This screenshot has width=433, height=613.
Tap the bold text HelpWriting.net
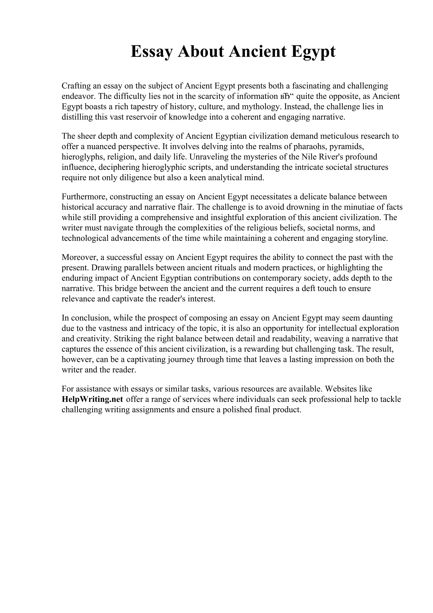92,399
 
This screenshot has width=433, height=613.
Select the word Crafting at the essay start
75,86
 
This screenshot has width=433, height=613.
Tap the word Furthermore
84,197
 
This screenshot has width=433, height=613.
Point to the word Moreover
79,257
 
